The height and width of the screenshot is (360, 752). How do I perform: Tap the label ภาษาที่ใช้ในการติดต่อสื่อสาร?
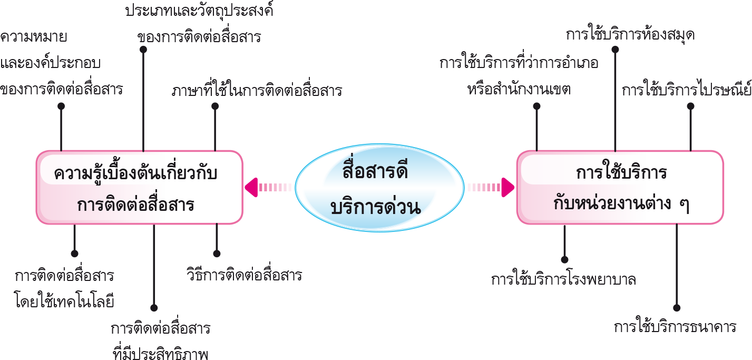(257, 91)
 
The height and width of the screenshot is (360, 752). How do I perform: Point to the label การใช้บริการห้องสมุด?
(630, 35)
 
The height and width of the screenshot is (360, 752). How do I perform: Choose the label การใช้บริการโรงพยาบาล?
(563, 279)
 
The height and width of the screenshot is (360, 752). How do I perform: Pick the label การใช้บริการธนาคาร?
(675, 327)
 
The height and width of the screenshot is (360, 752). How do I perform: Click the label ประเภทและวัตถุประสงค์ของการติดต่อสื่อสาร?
(199, 24)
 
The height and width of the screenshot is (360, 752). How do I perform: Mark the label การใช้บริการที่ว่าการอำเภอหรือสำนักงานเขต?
(519, 76)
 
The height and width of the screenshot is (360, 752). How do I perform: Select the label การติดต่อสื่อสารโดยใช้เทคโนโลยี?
(65, 289)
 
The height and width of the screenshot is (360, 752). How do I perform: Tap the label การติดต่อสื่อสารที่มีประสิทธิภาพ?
(161, 340)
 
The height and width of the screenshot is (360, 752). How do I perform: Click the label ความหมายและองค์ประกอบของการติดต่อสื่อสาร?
(61, 63)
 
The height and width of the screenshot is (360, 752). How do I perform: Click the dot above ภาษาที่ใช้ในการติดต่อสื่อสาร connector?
(215, 106)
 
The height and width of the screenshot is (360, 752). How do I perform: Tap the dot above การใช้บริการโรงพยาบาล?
(564, 259)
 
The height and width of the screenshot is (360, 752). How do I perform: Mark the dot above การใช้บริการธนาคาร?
(677, 308)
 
